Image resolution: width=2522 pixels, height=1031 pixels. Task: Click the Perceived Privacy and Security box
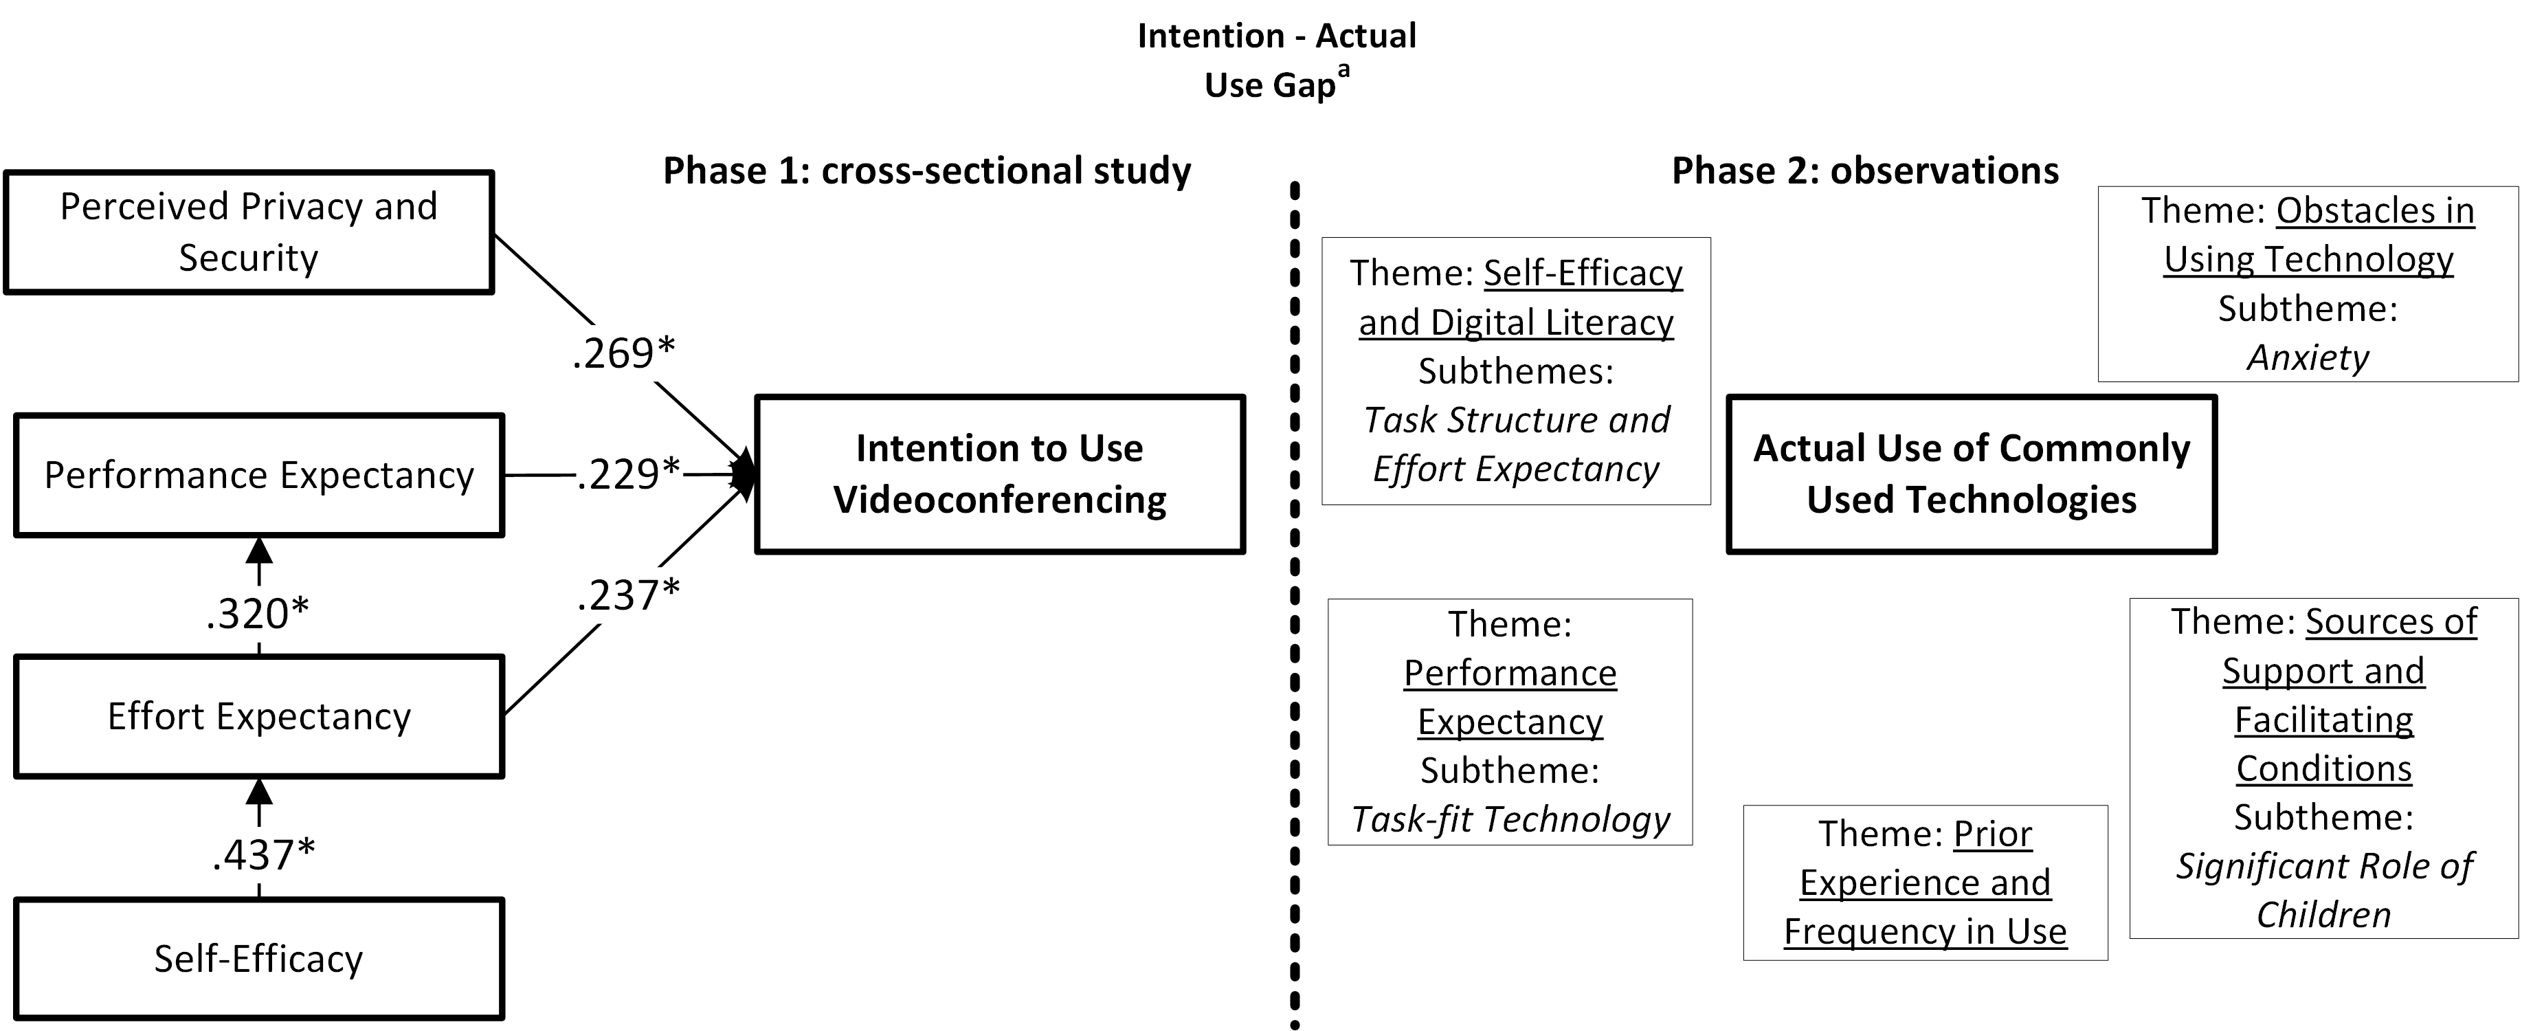pyautogui.click(x=249, y=232)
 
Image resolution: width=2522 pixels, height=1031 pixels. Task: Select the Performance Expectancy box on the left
pyautogui.click(x=258, y=475)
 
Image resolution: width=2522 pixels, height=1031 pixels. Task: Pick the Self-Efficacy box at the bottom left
pyautogui.click(x=258, y=959)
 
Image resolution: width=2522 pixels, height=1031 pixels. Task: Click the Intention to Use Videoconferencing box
pyautogui.click(x=1000, y=474)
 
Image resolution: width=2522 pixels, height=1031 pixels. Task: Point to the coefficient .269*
pyautogui.click(x=624, y=353)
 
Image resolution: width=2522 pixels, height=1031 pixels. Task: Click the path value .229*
pyautogui.click(x=627, y=474)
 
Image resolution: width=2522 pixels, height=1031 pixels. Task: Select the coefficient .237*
pyautogui.click(x=627, y=595)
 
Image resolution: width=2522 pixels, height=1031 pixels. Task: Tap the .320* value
pyautogui.click(x=258, y=614)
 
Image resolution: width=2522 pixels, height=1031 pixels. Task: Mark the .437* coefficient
pyautogui.click(x=263, y=856)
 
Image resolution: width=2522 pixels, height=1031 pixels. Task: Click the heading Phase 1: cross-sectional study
pyautogui.click(x=926, y=170)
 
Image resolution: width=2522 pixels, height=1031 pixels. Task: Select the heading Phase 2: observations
pyautogui.click(x=1864, y=170)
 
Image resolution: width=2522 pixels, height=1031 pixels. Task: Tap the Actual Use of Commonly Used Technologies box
pyautogui.click(x=1971, y=474)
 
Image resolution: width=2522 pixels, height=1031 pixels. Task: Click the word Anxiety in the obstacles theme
pyautogui.click(x=2308, y=357)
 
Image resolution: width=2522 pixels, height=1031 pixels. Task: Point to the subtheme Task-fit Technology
pyautogui.click(x=1510, y=819)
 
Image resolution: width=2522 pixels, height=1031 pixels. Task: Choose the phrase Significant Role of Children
pyautogui.click(x=2323, y=890)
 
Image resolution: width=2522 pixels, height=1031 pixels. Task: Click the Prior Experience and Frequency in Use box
pyautogui.click(x=1925, y=882)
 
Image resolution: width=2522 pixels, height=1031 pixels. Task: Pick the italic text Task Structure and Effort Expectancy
pyautogui.click(x=1515, y=445)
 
